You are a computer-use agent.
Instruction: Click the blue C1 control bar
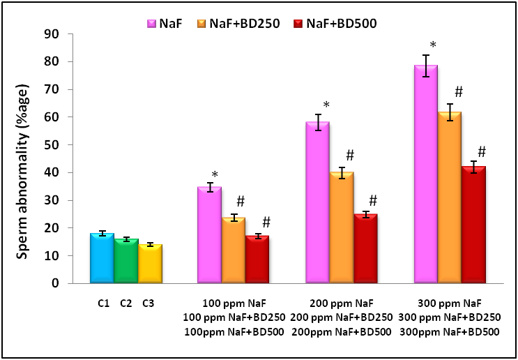(102, 259)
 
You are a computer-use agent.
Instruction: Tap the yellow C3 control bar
(150, 264)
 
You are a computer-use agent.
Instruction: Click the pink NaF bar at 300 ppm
(426, 174)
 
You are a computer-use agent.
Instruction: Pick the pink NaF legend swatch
(151, 24)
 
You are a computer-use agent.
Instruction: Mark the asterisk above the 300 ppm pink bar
(433, 46)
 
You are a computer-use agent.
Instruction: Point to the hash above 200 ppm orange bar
(350, 155)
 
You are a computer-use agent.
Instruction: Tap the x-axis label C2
(126, 303)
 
